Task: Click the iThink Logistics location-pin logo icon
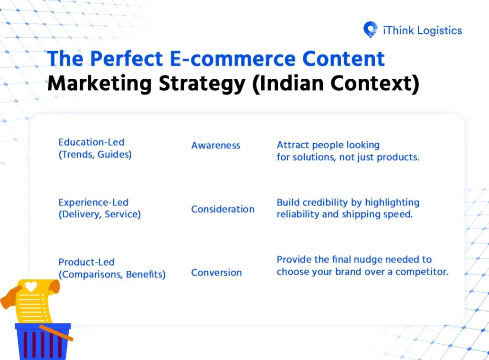click(370, 30)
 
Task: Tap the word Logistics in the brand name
click(439, 31)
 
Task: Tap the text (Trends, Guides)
click(95, 155)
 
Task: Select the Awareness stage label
click(215, 146)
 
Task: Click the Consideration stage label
click(223, 209)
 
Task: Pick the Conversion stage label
click(216, 273)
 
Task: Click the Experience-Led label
click(93, 202)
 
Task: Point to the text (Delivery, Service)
click(99, 214)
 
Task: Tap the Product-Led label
click(86, 262)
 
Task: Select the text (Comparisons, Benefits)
click(112, 275)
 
